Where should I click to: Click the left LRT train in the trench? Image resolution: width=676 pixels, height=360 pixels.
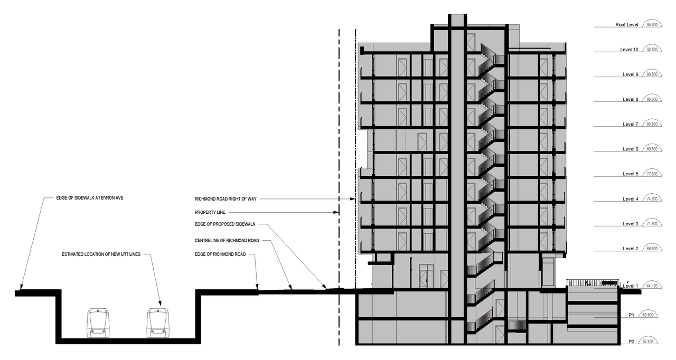coord(98,323)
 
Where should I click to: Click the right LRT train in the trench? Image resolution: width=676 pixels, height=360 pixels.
coord(158,323)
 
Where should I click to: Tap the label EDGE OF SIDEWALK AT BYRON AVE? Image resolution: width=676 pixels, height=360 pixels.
coord(90,198)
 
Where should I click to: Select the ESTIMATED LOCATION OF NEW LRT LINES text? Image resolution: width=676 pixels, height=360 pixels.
coord(101,254)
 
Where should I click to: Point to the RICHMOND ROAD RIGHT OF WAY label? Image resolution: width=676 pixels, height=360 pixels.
coord(226,199)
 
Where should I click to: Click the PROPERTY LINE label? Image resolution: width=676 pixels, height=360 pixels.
coord(210,213)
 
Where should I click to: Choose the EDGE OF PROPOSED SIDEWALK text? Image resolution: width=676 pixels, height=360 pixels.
coord(225,224)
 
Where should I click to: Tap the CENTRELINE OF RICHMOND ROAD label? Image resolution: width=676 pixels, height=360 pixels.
coord(227,241)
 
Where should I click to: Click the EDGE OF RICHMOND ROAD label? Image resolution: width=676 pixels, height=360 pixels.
coord(220,254)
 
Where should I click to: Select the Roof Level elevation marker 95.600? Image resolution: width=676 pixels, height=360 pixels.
coord(652,24)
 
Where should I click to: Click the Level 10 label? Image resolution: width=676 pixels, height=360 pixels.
coord(629,50)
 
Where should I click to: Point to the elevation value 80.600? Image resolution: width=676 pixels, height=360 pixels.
coord(652,149)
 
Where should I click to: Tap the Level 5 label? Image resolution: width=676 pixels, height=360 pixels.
coord(631,174)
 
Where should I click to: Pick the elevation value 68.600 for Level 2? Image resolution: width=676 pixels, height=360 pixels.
coord(652,249)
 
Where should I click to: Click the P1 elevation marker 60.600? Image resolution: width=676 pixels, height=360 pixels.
coord(648,315)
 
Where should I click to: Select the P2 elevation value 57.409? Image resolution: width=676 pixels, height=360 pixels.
coord(648,342)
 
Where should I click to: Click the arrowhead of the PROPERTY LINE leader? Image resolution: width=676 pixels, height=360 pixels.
coord(336,213)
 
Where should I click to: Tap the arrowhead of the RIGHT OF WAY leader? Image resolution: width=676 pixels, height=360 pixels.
coord(352,199)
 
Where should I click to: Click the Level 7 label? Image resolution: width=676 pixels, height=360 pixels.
coord(631,124)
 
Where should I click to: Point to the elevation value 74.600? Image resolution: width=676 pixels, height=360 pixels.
coord(652,199)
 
